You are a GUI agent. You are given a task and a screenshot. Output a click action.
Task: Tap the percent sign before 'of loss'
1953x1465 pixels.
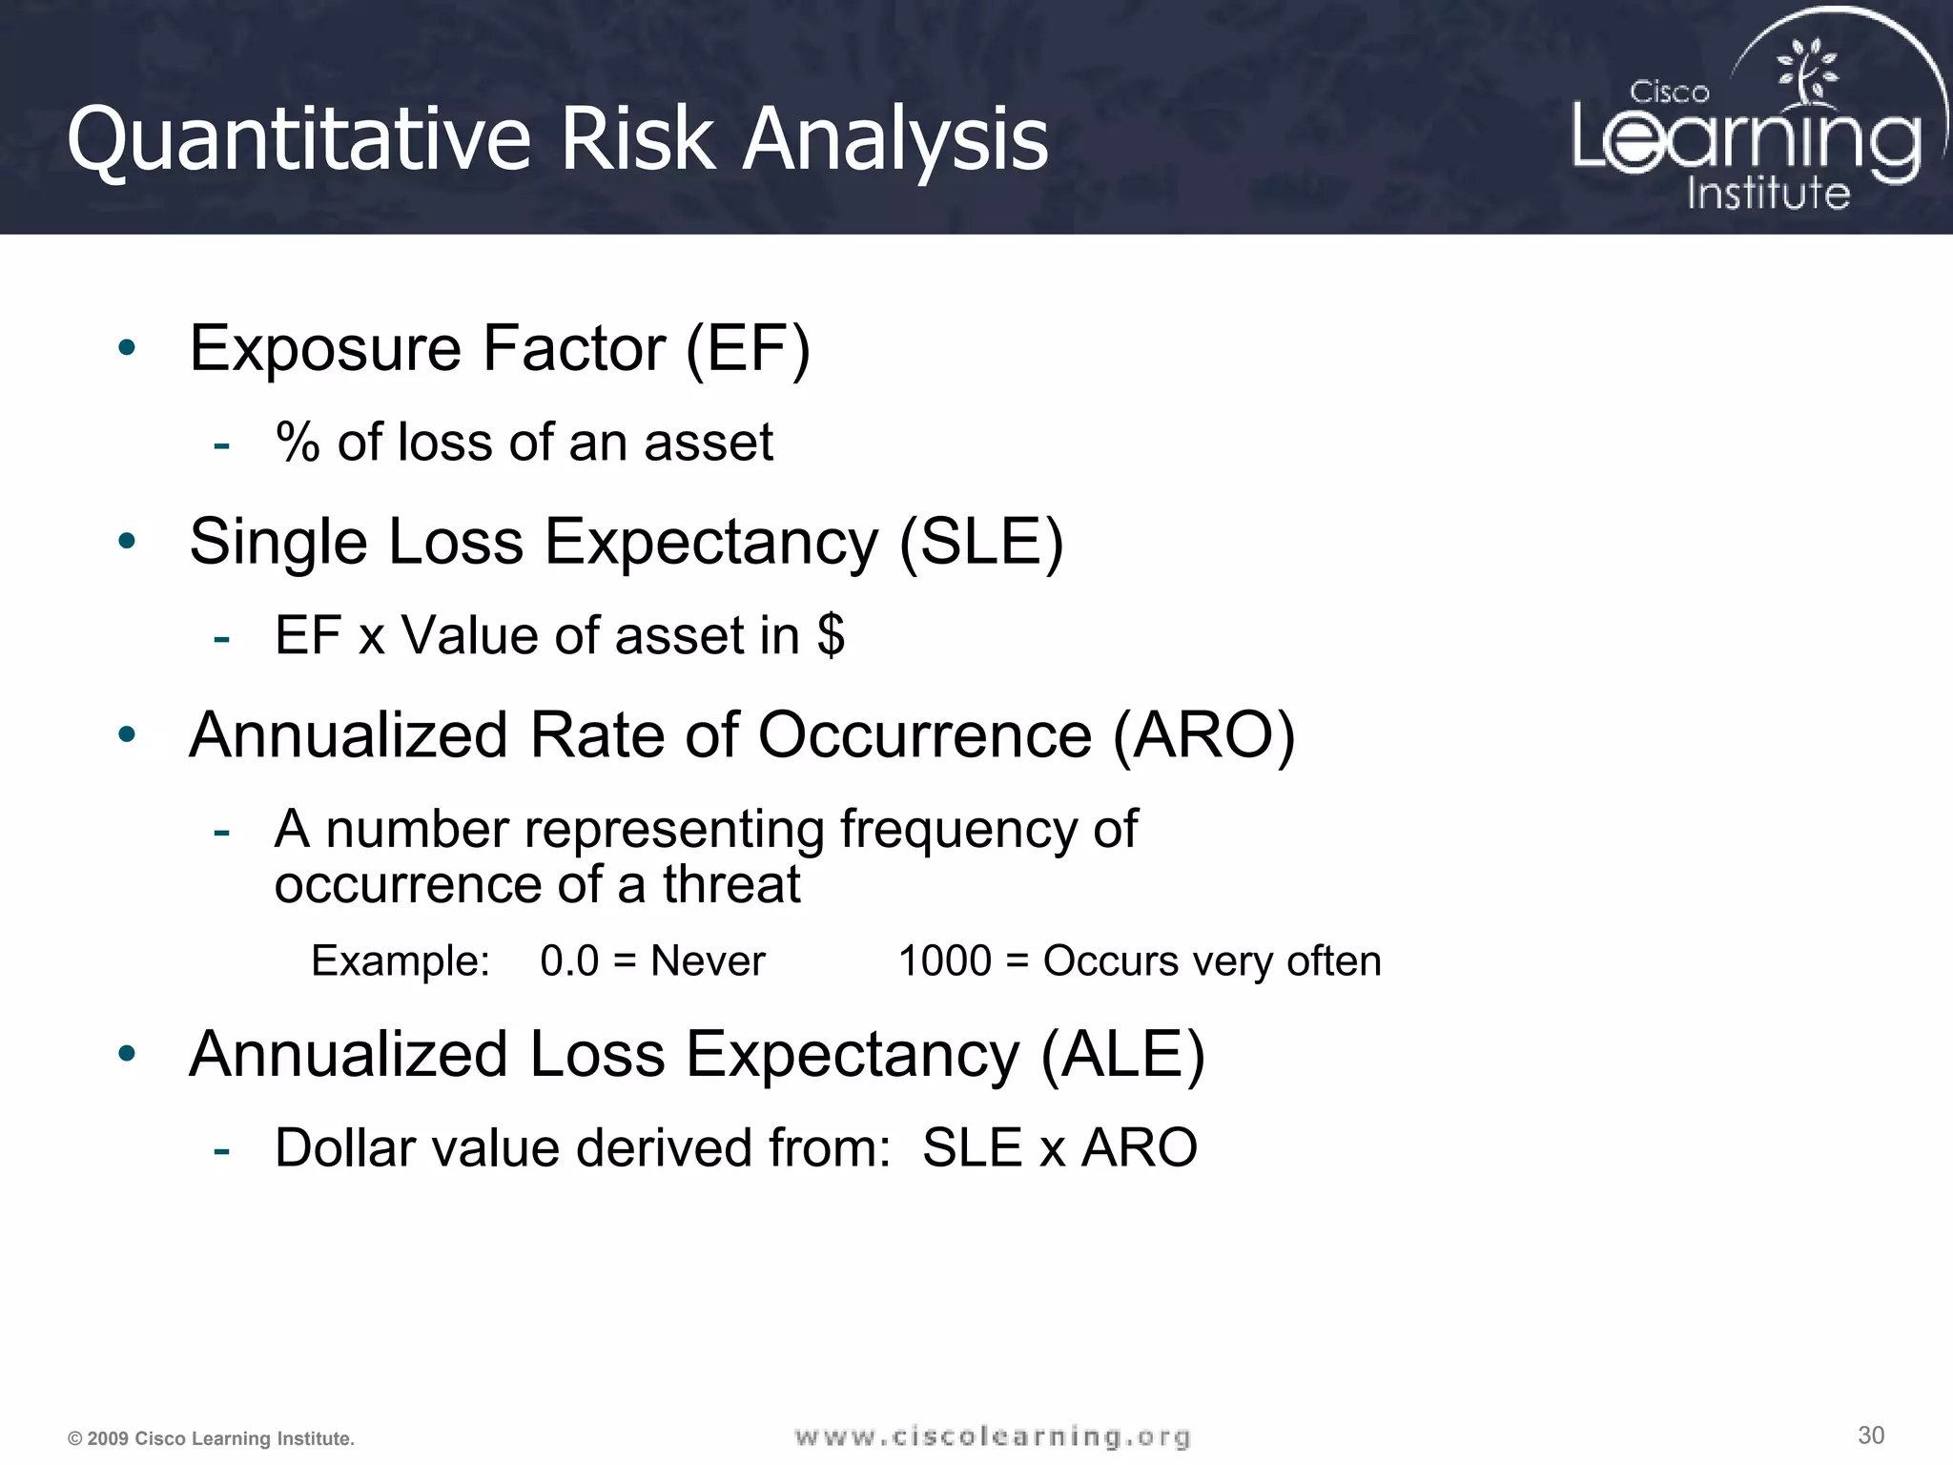pos(298,443)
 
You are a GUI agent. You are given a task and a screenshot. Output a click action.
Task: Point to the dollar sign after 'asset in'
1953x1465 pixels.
pos(831,635)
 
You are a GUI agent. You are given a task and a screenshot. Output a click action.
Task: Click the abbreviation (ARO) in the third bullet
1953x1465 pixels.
pos(1203,735)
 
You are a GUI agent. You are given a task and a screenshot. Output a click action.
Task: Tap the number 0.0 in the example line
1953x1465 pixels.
pos(569,961)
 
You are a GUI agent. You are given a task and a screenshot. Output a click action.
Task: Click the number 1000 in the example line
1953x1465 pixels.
pos(944,961)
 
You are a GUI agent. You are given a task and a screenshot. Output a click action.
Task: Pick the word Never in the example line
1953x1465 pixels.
pos(707,961)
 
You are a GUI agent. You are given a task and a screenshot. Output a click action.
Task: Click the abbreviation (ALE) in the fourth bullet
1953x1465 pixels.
pos(1122,1055)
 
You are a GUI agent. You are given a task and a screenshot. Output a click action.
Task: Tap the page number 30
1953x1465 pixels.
pos(1871,1435)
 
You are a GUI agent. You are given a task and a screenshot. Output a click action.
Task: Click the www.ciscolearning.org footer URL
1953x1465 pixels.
pos(992,1436)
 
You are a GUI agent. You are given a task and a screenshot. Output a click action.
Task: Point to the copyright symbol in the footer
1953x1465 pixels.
pos(74,1439)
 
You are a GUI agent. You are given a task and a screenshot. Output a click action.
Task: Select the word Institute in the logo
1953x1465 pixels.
pos(1768,193)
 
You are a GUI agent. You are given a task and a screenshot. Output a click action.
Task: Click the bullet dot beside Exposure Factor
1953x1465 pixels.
pos(127,348)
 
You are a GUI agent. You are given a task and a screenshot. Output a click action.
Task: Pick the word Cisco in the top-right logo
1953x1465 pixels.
pos(1669,93)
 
